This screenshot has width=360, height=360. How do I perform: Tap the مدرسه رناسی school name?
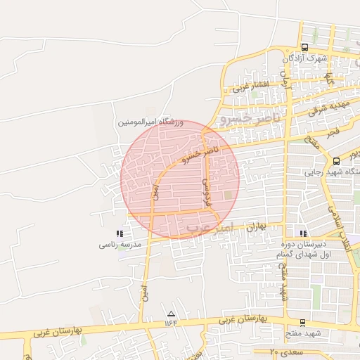(120, 245)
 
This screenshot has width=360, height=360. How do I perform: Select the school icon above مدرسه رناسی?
(120, 233)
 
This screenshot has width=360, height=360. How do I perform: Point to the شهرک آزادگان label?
(306, 59)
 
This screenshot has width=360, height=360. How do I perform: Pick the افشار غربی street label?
(247, 88)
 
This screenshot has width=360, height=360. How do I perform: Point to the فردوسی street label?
(207, 190)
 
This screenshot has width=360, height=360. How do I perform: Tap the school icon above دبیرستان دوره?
(303, 233)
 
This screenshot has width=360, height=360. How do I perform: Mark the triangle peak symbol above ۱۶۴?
(171, 313)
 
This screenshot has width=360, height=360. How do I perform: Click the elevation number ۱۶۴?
(171, 322)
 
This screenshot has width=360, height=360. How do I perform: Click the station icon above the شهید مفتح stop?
(302, 323)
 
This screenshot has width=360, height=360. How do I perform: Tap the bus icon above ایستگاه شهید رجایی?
(336, 161)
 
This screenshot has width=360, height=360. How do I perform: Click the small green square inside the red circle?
(227, 195)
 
